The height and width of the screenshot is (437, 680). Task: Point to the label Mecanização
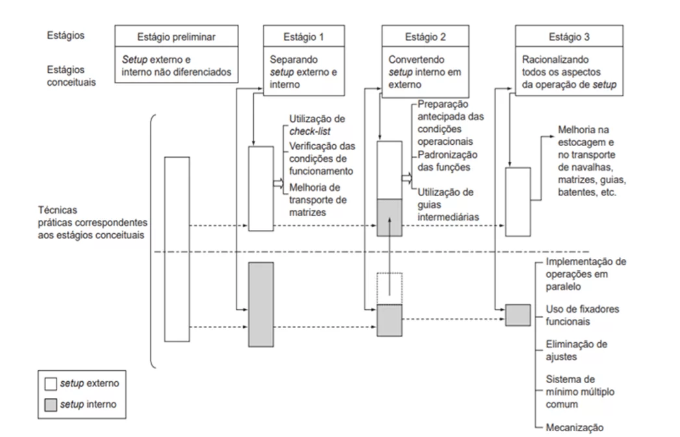[x=575, y=427]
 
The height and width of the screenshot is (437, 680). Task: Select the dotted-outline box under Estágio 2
[x=390, y=288]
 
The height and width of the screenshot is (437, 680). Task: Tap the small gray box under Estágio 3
[x=518, y=315]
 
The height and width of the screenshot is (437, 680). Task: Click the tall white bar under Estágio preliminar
[x=177, y=249]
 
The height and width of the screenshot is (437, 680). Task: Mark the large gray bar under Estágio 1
[x=260, y=304]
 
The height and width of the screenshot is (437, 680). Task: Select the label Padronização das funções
[x=448, y=160]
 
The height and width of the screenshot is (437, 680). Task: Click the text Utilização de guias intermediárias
[x=448, y=204]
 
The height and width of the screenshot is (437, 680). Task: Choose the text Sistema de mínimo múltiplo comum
[x=579, y=391]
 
